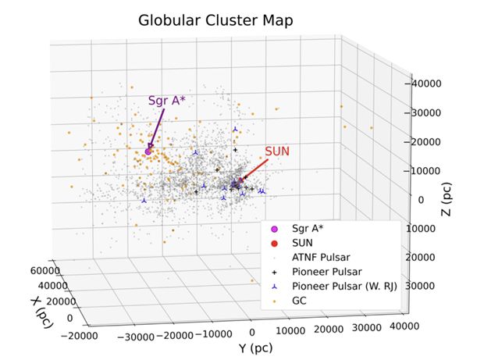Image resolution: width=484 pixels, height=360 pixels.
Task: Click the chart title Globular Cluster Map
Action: click(215, 20)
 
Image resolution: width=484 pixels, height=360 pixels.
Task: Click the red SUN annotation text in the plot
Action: click(279, 150)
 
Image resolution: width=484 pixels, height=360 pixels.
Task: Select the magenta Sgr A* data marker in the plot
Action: click(148, 151)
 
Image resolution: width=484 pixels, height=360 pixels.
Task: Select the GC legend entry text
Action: click(300, 300)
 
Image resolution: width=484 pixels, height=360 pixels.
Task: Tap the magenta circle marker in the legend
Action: click(274, 229)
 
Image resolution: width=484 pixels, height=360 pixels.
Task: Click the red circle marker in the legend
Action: click(274, 243)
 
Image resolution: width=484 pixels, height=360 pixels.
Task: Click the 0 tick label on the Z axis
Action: click(420, 200)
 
